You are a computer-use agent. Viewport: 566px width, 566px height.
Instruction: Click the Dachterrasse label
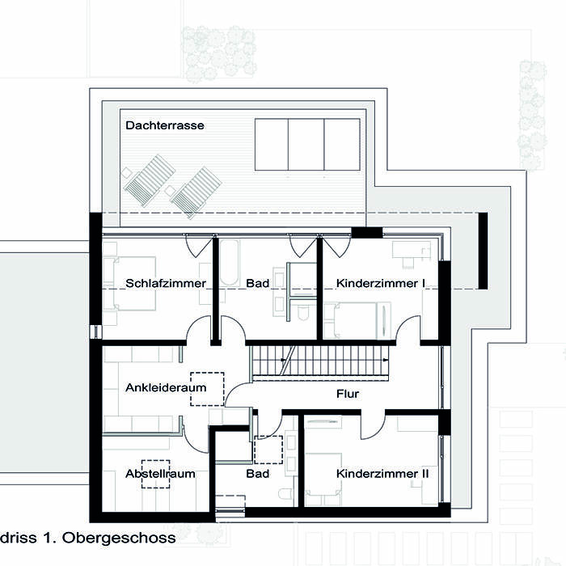165,125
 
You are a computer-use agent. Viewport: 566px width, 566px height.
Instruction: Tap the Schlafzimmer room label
165,283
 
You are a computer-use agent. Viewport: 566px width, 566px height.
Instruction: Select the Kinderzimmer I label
381,283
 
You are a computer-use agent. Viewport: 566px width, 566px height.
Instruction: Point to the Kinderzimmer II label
382,473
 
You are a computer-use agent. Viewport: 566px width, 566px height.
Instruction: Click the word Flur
348,394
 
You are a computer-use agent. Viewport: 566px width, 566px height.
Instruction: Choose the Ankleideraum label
166,387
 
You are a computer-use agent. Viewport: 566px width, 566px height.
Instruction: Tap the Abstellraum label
160,473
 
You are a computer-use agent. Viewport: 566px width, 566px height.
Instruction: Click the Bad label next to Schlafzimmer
257,283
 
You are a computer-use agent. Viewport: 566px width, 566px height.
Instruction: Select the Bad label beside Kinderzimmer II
257,473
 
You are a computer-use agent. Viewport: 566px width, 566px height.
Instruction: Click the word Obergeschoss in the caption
119,538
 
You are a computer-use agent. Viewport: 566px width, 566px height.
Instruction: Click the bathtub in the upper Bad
229,263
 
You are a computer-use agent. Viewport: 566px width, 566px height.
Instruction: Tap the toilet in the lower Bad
285,494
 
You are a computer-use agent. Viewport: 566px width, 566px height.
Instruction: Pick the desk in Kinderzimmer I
412,250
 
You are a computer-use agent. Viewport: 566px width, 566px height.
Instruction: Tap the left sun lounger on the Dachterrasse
149,180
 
